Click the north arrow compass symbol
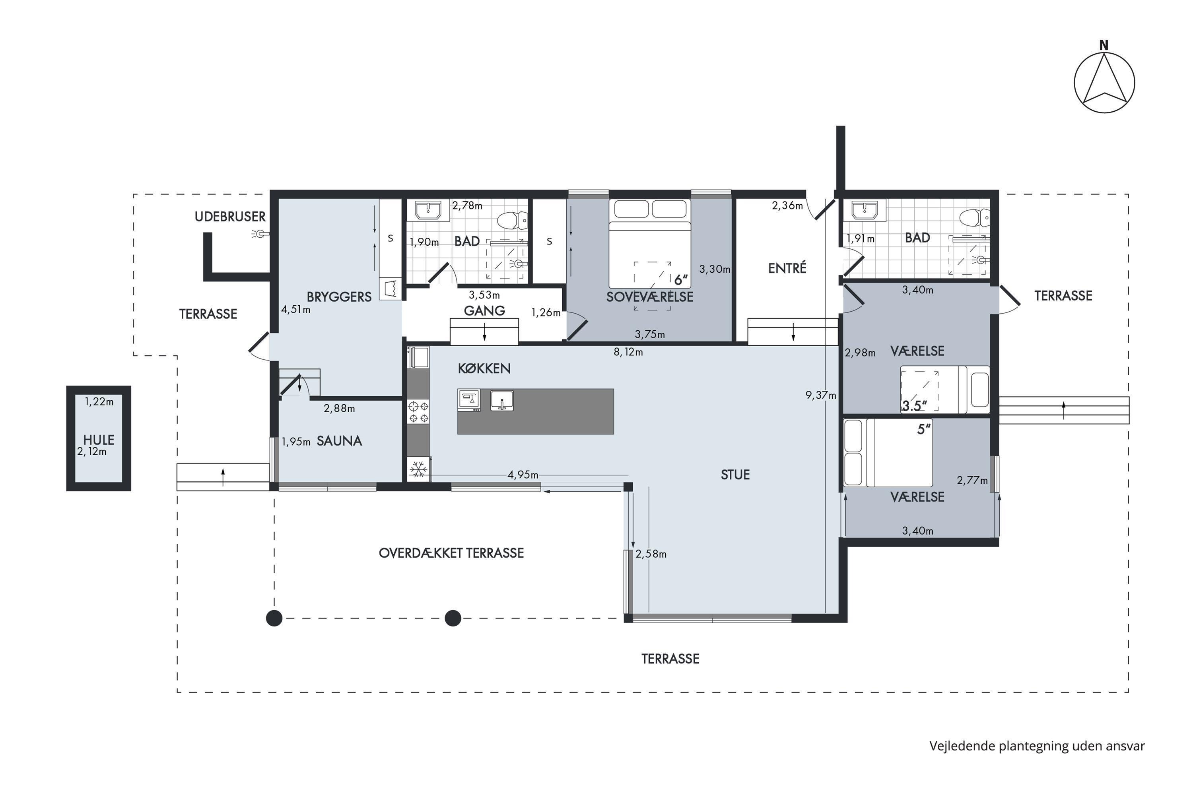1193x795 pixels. coord(1104,83)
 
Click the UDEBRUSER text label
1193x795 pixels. coord(230,217)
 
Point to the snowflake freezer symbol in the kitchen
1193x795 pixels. coord(418,469)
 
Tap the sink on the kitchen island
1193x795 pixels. coord(502,401)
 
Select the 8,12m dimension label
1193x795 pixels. coord(628,352)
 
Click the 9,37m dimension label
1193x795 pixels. coord(821,395)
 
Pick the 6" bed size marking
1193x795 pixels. coord(681,279)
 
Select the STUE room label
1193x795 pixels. coord(735,475)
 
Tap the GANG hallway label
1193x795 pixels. coord(484,311)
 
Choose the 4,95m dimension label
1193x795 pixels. coord(523,475)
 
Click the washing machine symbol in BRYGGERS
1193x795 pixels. coord(391,289)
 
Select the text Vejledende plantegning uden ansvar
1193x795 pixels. coord(1037,746)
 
